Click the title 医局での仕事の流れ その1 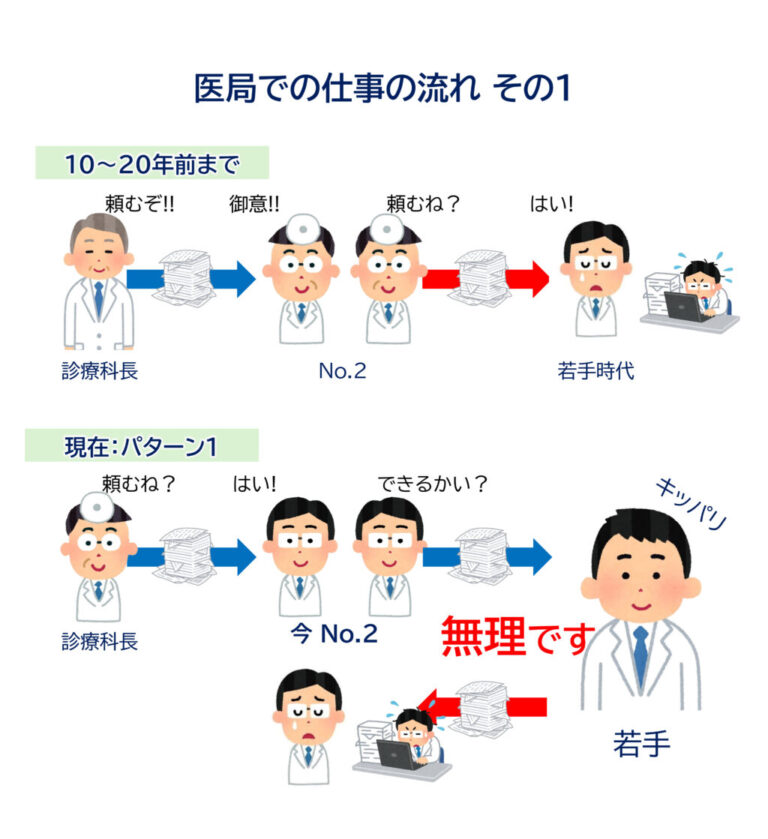(x=382, y=88)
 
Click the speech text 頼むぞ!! (x=140, y=203)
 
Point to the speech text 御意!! (x=254, y=203)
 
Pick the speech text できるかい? (x=432, y=484)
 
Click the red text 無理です (x=516, y=636)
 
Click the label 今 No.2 (x=333, y=633)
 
